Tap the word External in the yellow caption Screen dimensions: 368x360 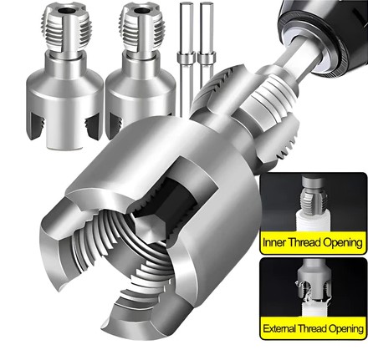coord(279,328)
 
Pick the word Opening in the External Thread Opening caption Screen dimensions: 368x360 coord(346,329)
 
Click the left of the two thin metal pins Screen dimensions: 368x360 coord(186,58)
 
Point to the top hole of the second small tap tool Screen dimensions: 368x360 coord(141,11)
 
